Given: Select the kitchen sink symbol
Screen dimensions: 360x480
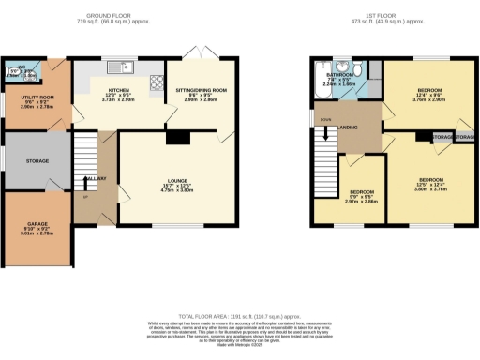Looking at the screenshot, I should (x=118, y=67).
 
